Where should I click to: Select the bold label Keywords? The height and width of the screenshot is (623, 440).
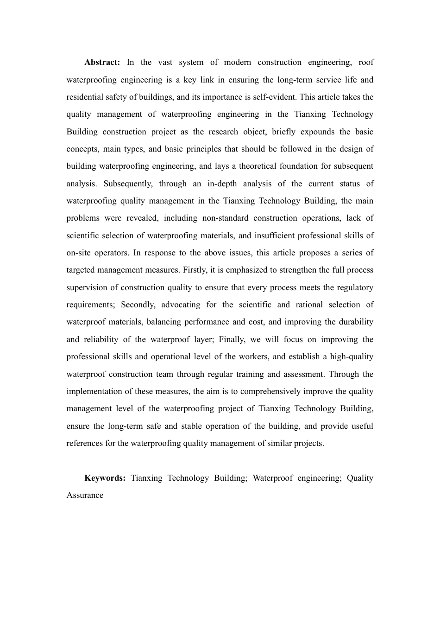coord(105,478)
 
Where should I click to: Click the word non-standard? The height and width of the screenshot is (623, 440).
coord(225,218)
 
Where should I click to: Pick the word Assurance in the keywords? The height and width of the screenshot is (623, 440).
coord(85,496)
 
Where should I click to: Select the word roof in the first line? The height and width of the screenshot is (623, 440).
coord(366,63)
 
